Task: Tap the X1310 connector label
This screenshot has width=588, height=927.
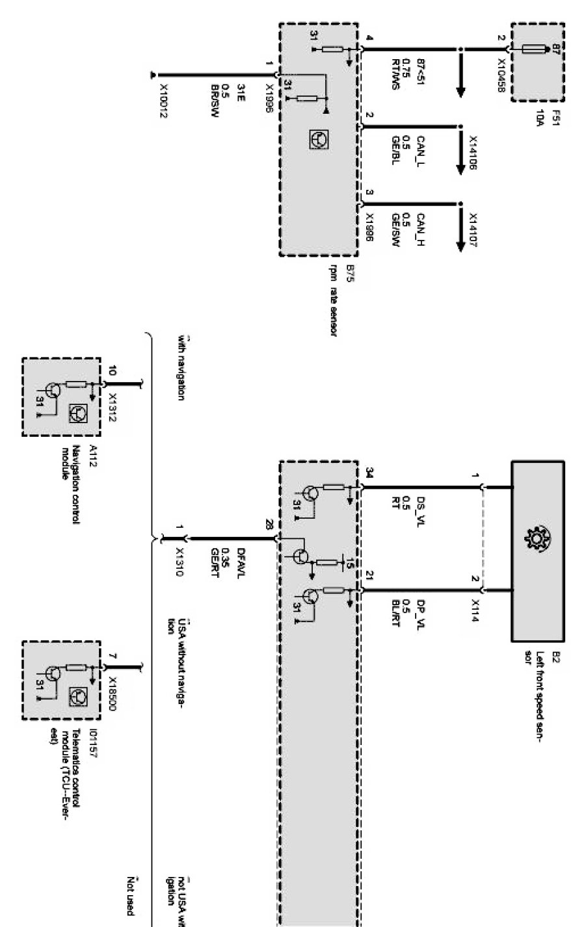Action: click(180, 560)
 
